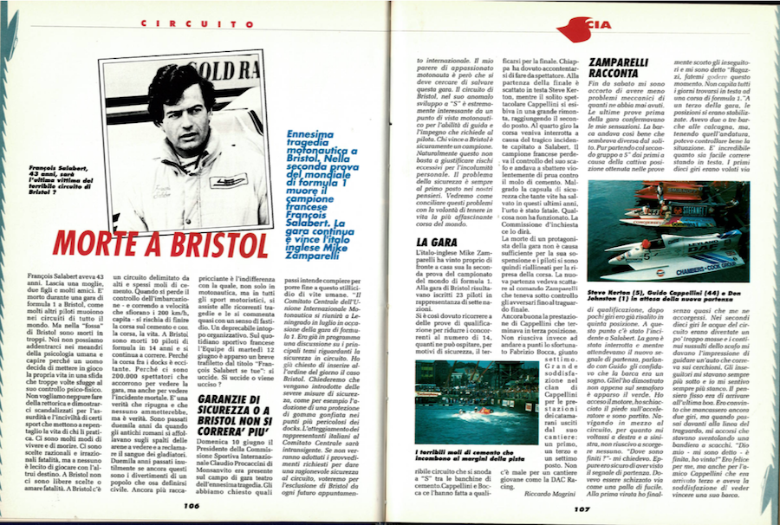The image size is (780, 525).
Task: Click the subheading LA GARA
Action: pyautogui.click(x=432, y=242)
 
